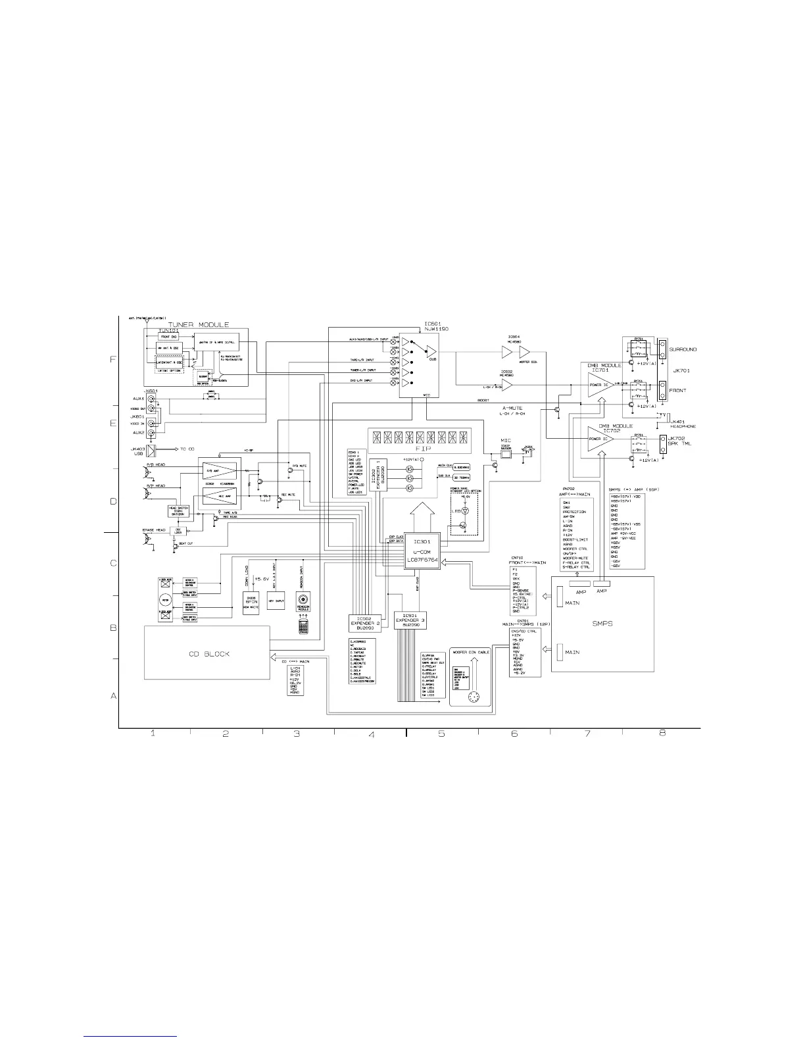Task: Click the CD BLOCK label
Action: click(x=206, y=654)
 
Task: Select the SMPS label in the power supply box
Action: click(x=602, y=623)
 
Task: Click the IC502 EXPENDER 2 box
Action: click(x=361, y=622)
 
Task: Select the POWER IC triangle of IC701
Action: click(x=600, y=387)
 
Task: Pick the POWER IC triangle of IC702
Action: click(x=600, y=439)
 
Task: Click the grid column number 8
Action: click(x=662, y=733)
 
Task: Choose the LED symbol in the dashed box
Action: click(x=465, y=510)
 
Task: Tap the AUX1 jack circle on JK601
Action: click(x=151, y=399)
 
